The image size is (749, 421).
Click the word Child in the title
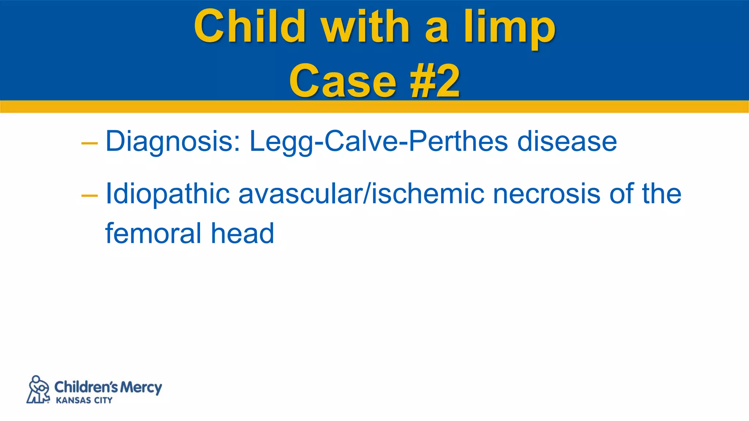coord(250,26)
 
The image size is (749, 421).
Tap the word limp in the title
coord(509,28)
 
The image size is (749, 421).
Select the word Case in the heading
coord(342,81)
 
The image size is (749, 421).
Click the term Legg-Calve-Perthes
coord(379,142)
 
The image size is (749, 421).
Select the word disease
coord(567,142)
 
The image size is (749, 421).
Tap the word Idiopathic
coord(168,194)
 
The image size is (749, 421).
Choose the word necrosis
coord(546,194)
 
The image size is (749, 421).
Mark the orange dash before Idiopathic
coord(89,196)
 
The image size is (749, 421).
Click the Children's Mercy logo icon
coord(38,390)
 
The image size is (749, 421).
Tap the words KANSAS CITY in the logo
coord(84,401)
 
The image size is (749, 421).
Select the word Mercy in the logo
coord(141,387)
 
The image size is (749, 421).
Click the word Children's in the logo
coord(86,387)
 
